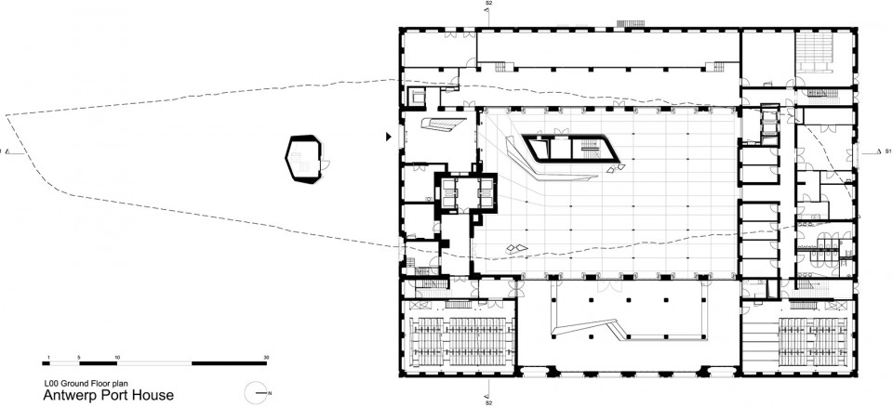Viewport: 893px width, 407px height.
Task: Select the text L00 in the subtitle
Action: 51,384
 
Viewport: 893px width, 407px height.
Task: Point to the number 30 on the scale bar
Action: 266,358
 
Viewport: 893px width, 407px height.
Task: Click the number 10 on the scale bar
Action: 117,358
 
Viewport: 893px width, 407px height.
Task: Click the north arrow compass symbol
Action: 258,393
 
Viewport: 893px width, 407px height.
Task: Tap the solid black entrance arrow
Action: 389,137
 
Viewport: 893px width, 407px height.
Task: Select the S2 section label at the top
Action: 488,4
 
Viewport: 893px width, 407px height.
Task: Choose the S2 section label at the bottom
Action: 488,403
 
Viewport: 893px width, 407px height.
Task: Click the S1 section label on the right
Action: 886,152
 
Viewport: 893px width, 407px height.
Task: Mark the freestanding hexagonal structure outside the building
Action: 303,160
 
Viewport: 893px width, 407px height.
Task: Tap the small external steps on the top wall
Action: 631,24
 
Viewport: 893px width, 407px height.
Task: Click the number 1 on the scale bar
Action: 49,358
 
